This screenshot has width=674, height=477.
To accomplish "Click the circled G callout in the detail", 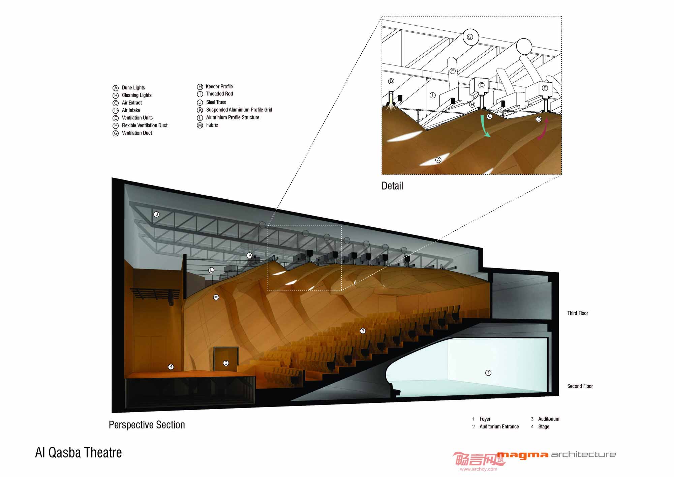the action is [470, 37].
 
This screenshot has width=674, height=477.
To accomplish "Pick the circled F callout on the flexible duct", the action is [453, 71].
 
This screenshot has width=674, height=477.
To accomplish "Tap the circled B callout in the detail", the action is [391, 81].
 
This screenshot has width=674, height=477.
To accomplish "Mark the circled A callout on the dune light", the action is [438, 160].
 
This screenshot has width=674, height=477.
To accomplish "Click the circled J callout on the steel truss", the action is [156, 214].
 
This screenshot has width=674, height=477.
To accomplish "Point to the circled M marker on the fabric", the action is [216, 297].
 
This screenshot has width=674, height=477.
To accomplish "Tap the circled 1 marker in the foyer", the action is [488, 373].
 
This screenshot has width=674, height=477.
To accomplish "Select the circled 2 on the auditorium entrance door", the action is [226, 363].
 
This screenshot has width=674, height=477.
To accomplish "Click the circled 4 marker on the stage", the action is [171, 367].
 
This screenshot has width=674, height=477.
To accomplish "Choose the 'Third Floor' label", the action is [578, 313].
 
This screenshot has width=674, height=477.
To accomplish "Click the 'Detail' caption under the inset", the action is [392, 186].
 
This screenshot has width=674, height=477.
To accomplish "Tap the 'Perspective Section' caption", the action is [147, 425].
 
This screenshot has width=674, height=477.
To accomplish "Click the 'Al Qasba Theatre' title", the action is [79, 453].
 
